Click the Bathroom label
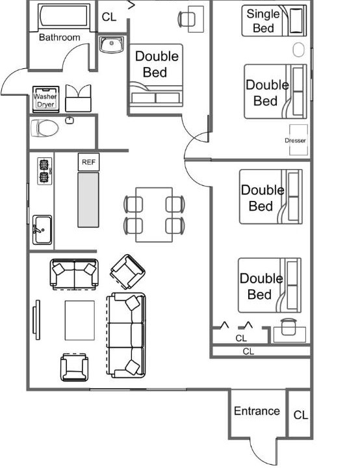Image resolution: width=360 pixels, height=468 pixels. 59,37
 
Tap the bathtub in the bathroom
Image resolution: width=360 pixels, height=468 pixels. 64,16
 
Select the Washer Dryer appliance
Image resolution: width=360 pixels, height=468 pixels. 45,99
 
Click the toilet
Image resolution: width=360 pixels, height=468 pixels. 44,128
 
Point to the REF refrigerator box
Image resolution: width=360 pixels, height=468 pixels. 88,162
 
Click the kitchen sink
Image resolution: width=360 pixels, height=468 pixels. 42,229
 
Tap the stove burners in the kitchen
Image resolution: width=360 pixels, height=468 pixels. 44,171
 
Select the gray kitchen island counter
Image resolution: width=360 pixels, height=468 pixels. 88,200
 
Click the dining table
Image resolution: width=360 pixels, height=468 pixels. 154,214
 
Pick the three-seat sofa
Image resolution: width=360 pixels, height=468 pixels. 126,335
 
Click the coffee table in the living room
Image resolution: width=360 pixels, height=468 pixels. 80,320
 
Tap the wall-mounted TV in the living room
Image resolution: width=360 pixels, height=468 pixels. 36,320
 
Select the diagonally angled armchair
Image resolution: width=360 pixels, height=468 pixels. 127,272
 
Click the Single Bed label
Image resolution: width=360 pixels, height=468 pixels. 263,21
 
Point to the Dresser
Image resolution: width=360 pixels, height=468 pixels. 298,140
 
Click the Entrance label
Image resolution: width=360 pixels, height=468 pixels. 257,411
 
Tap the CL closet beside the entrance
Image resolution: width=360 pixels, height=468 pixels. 300,415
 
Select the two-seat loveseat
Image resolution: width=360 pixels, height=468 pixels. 74,274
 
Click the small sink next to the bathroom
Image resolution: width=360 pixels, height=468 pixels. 111,45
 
